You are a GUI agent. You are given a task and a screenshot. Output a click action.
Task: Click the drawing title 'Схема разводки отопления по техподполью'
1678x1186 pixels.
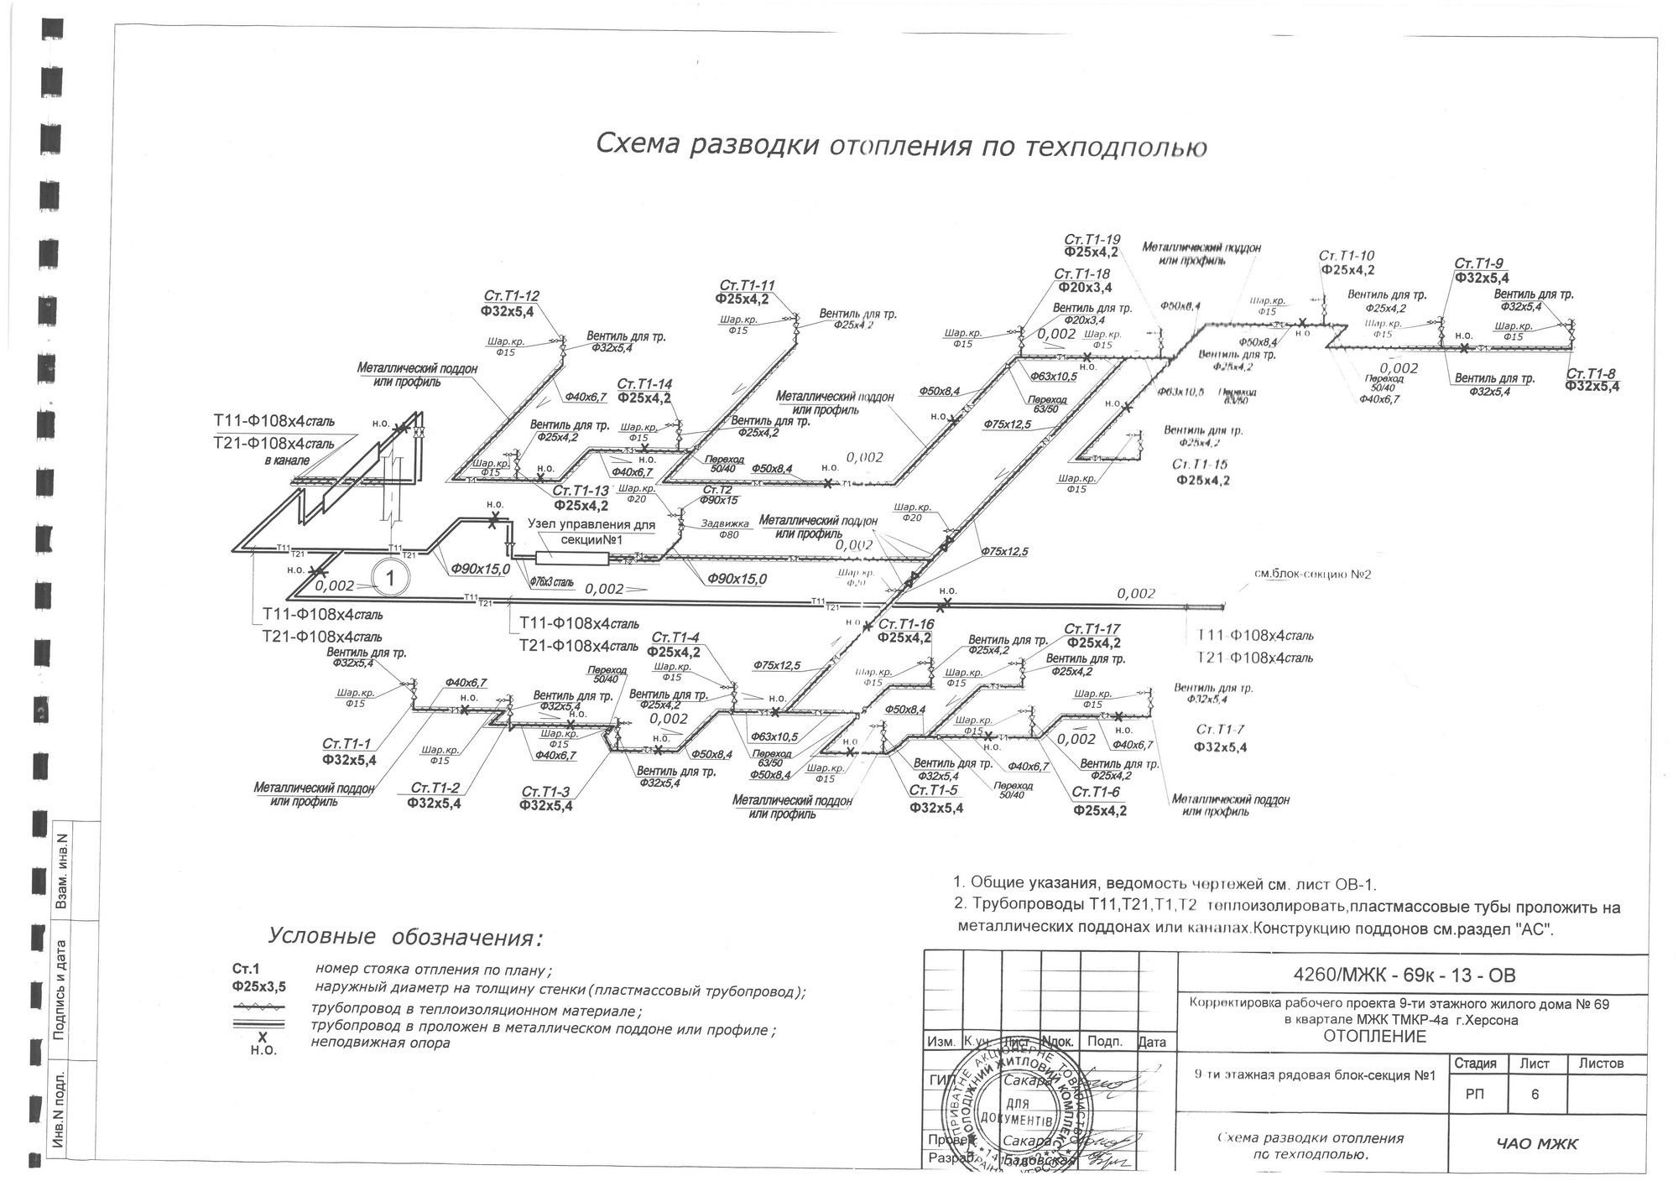901,145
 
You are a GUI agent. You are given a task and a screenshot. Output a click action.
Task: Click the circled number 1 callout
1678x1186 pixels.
389,577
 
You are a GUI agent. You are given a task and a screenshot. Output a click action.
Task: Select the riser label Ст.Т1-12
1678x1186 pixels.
511,296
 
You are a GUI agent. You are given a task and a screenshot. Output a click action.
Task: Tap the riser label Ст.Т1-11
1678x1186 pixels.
747,285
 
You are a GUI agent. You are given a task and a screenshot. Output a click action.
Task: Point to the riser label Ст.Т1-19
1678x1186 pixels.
1092,240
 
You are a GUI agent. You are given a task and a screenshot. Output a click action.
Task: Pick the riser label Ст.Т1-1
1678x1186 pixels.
346,744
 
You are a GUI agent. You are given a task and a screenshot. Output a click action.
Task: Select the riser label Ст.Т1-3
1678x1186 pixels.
545,792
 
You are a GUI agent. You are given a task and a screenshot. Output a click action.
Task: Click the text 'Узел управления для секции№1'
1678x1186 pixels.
591,531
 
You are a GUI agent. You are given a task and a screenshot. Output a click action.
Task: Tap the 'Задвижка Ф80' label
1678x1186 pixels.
724,529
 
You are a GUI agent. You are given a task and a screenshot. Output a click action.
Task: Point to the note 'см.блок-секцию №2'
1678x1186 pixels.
1311,574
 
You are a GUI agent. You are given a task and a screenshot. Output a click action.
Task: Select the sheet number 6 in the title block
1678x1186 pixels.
1534,1094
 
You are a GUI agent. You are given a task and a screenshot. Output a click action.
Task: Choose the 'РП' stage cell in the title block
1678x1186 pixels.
1474,1094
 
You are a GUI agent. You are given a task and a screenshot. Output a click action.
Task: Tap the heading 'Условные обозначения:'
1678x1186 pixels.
404,936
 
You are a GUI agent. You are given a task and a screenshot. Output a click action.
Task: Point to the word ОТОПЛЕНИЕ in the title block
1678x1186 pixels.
1374,1037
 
